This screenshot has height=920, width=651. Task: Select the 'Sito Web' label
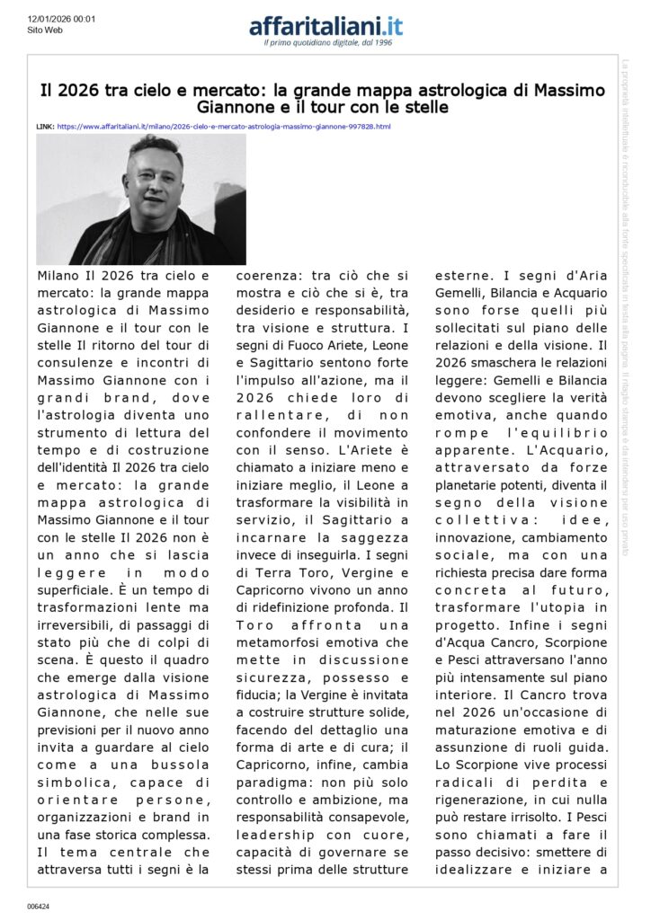tap(44, 30)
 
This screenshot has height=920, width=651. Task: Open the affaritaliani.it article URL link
tap(224, 127)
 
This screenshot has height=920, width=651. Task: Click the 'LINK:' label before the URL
tap(45, 127)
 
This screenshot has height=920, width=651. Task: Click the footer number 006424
tap(38, 907)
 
